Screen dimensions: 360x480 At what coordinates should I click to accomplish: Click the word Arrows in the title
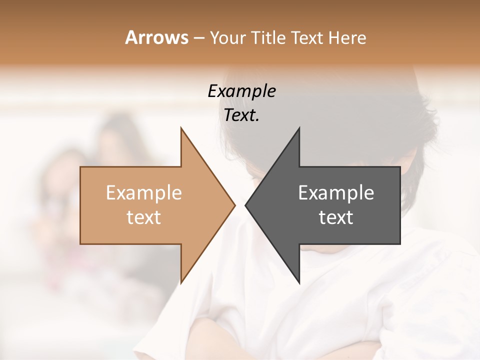click(156, 37)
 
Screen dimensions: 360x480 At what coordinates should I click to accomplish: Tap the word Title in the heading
click(267, 38)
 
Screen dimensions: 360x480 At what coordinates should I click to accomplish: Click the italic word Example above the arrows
click(241, 91)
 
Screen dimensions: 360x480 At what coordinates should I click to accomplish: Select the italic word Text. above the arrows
click(241, 115)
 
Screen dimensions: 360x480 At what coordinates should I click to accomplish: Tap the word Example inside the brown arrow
click(143, 192)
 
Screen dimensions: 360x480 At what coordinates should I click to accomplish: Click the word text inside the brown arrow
click(143, 217)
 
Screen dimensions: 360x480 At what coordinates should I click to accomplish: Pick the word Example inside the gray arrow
click(336, 192)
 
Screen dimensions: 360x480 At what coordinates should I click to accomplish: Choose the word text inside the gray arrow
click(336, 217)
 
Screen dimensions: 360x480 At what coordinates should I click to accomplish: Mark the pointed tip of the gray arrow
click(246, 205)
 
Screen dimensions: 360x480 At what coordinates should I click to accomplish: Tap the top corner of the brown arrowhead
click(181, 128)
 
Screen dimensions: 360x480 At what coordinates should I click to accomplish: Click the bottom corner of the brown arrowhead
click(181, 282)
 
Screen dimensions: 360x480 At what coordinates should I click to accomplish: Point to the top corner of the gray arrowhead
click(299, 128)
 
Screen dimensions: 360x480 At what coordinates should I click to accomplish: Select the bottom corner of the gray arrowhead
click(299, 282)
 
